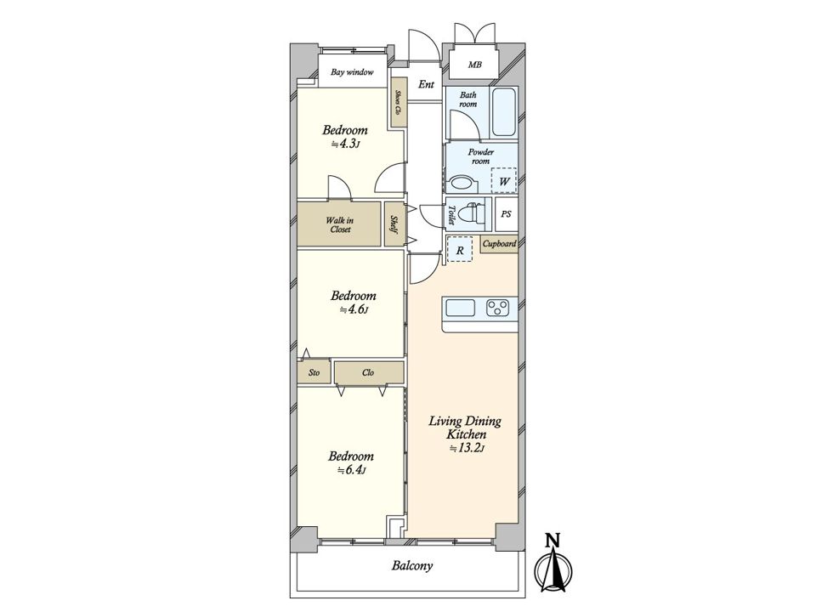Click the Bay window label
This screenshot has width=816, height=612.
click(352, 71)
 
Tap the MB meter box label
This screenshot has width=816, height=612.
click(474, 65)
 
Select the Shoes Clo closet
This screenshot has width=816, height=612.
click(399, 102)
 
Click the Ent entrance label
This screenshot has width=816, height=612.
click(426, 84)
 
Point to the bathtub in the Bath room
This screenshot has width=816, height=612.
click(504, 112)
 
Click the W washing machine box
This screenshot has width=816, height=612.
click(504, 180)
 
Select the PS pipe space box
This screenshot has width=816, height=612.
click(507, 214)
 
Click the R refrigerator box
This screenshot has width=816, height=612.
click(460, 249)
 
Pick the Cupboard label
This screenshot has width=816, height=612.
click(499, 244)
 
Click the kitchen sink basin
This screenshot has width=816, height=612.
click(461, 308)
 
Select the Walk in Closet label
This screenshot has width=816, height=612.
click(340, 224)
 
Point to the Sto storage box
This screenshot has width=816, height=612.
click(314, 372)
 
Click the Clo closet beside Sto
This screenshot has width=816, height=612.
click(369, 372)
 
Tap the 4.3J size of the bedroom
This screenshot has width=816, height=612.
click(346, 144)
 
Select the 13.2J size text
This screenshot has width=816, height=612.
click(467, 448)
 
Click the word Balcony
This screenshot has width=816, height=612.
click(412, 566)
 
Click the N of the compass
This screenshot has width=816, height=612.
click(552, 541)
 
